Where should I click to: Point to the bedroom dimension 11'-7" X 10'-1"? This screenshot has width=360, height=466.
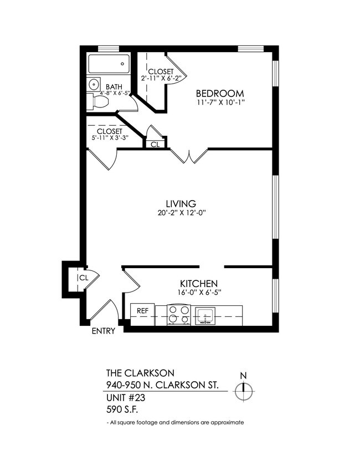[x=220, y=103]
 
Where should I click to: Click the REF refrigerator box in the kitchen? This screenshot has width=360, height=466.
[x=142, y=311]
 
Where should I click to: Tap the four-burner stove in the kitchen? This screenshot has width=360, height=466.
[x=179, y=315]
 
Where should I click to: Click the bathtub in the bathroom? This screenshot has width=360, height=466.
[x=109, y=64]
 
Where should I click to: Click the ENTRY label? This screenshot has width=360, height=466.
[x=104, y=331]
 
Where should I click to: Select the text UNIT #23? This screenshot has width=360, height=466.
[x=124, y=397]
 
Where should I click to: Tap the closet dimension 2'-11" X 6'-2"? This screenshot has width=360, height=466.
[x=157, y=78]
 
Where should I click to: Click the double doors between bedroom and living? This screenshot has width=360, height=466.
[x=189, y=157]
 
